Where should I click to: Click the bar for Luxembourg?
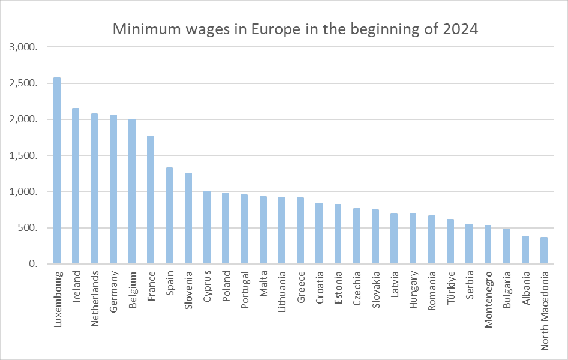click(57, 171)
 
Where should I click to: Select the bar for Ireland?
click(76, 186)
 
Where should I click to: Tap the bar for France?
click(151, 200)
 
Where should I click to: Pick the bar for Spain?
click(169, 216)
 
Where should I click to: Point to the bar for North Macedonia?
click(544, 251)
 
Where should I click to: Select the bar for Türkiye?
click(450, 242)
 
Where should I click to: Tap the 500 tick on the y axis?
click(28, 228)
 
